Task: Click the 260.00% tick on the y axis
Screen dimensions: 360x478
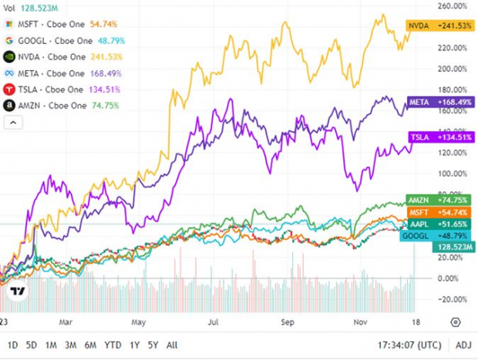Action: click(x=453, y=5)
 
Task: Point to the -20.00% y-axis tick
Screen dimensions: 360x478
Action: click(x=453, y=299)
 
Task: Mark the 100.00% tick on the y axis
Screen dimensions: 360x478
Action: click(x=453, y=173)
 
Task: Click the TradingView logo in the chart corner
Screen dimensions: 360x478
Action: click(x=17, y=292)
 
